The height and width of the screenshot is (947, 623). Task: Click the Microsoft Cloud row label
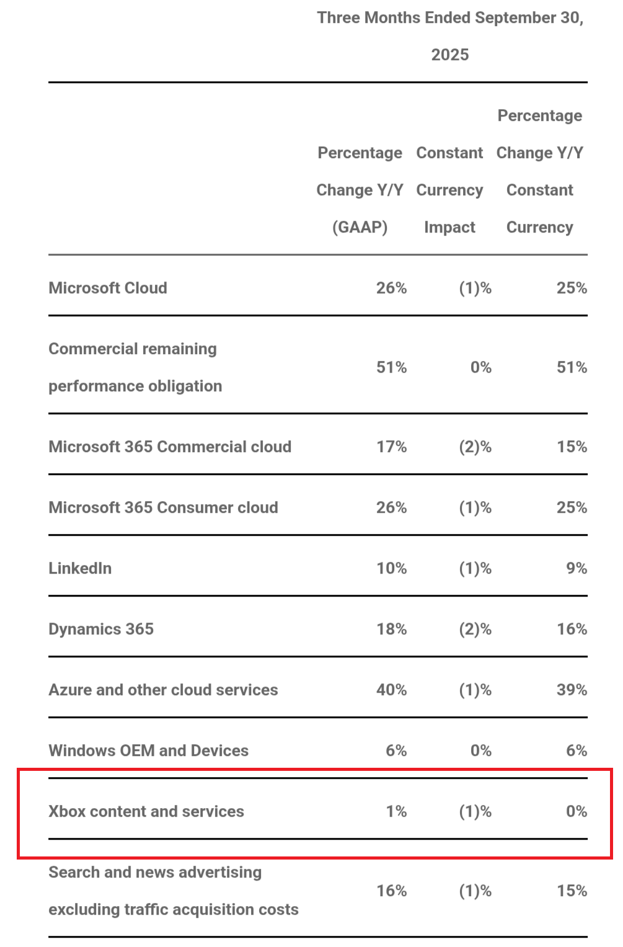[x=108, y=288]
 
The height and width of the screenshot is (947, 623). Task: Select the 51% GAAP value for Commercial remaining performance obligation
[x=391, y=367]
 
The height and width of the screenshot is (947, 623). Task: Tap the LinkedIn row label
[x=80, y=568]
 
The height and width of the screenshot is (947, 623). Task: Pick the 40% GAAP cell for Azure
[x=391, y=690]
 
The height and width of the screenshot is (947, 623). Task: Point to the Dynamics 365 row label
[x=101, y=629]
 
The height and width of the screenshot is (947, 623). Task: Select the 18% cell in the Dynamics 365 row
[x=391, y=629]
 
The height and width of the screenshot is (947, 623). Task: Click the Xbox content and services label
[x=146, y=811]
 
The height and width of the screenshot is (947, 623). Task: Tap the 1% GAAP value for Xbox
[x=396, y=811]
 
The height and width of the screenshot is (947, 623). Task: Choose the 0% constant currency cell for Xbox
[x=576, y=811]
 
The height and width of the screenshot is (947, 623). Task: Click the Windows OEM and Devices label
[x=148, y=750]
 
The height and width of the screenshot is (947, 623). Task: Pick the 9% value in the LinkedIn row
[x=576, y=568]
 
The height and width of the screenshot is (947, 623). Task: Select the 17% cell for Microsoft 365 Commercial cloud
[x=391, y=447]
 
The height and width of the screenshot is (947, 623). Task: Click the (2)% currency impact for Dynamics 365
[x=475, y=629]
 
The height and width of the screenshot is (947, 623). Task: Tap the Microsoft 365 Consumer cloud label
[x=163, y=507]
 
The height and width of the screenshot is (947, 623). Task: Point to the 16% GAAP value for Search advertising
[x=391, y=891]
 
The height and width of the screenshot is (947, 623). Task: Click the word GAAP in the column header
[x=360, y=227]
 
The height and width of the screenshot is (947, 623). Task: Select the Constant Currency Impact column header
[x=449, y=190]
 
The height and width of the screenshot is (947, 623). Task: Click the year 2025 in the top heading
[x=450, y=55]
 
